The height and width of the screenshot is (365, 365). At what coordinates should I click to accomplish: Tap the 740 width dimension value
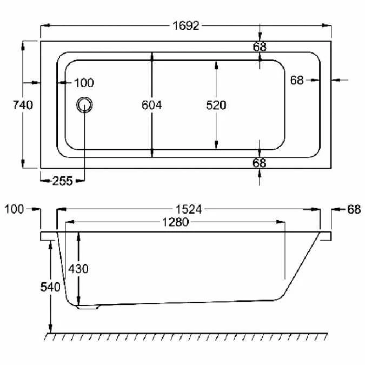click(23, 105)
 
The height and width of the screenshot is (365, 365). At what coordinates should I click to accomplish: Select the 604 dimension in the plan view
click(152, 105)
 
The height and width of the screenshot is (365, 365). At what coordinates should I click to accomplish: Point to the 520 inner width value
click(216, 105)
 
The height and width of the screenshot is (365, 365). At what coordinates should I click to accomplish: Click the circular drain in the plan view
click(84, 105)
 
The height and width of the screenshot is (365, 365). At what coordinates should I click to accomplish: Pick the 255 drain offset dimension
click(62, 181)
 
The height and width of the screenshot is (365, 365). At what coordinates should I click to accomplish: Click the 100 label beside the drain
click(84, 83)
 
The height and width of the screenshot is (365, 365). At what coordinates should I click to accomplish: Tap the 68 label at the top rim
click(260, 47)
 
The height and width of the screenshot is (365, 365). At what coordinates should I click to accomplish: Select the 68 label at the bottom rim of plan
click(260, 162)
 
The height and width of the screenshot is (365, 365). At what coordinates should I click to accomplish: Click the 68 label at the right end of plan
click(297, 80)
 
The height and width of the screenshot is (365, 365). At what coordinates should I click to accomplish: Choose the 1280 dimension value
click(174, 222)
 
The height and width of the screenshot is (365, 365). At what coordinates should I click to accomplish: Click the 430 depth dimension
click(79, 268)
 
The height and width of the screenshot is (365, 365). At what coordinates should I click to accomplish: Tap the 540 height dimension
click(50, 287)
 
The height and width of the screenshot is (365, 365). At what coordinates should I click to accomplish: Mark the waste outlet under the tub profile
click(87, 308)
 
